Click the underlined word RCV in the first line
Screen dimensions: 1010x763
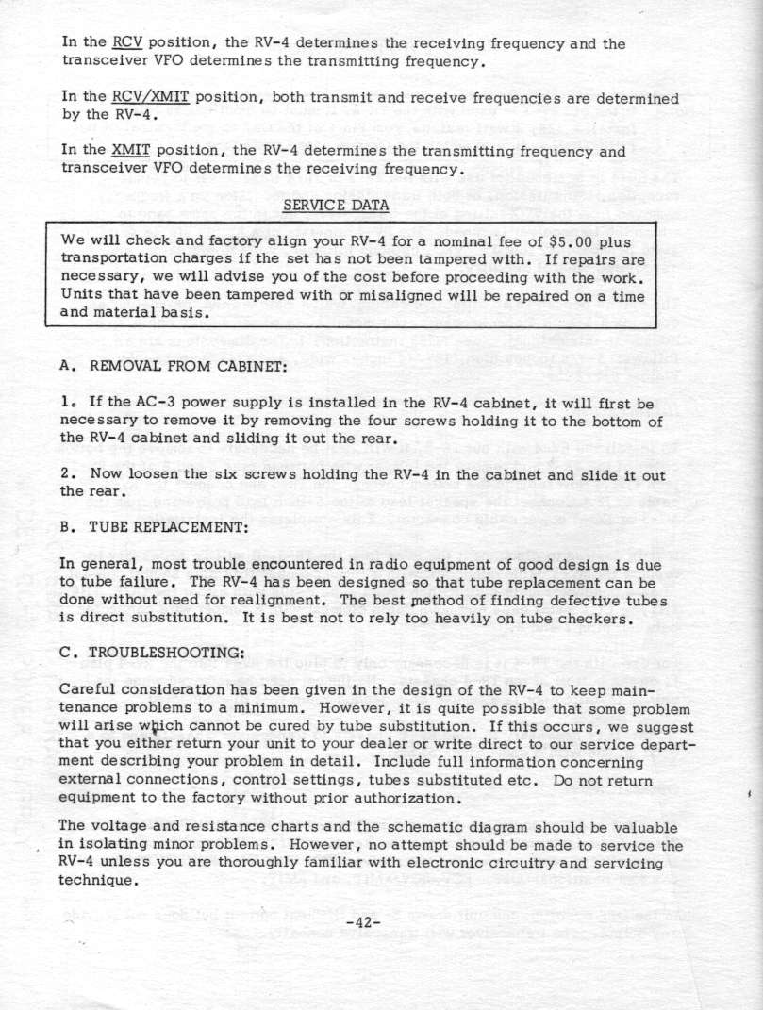click(125, 43)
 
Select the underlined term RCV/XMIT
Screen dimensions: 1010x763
click(145, 98)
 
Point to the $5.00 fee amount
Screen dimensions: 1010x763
click(556, 240)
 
